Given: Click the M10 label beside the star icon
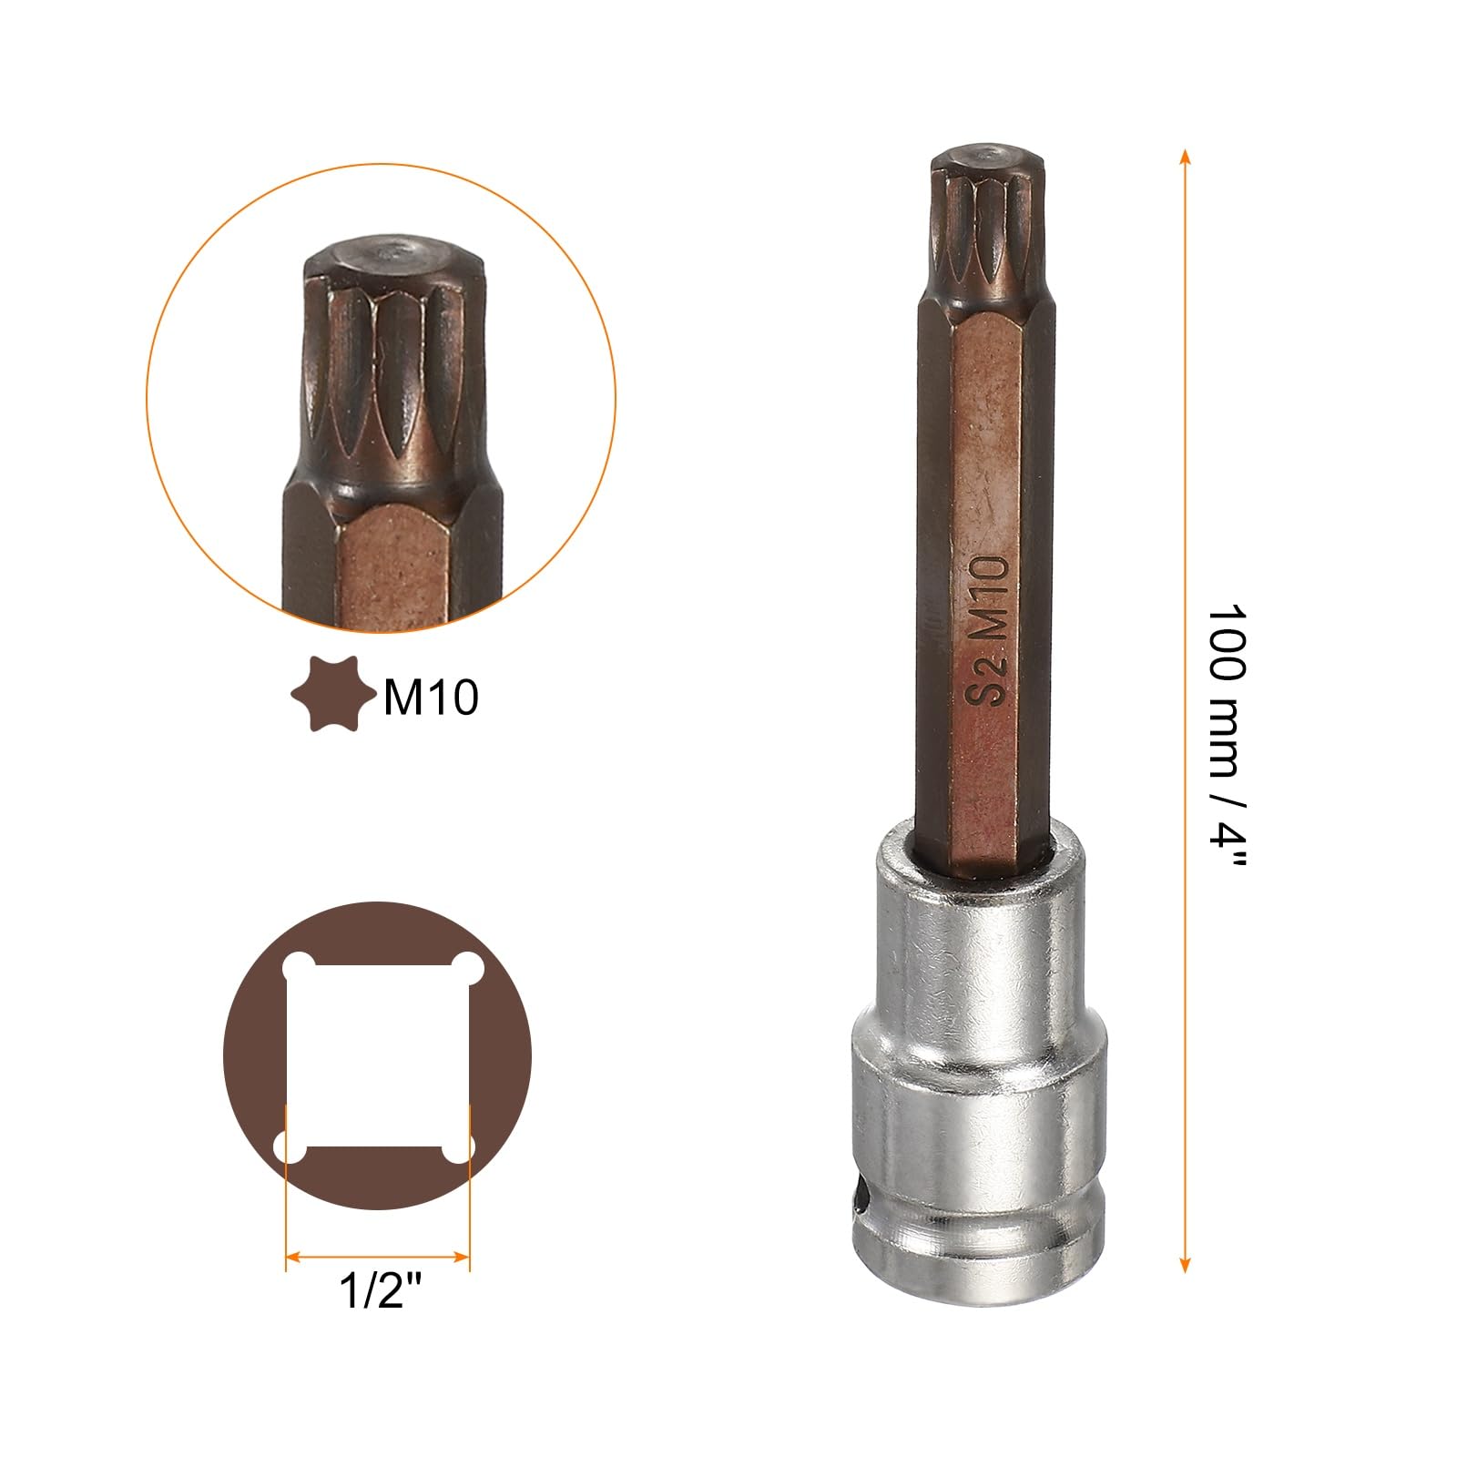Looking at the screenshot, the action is [x=431, y=698].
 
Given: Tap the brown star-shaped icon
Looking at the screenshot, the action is [x=332, y=695].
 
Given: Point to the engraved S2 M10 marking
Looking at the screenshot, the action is [x=988, y=630].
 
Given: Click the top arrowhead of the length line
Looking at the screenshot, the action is [x=1184, y=157].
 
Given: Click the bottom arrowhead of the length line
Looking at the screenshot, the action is [x=1184, y=1264].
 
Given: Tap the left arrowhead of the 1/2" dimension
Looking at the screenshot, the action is [x=293, y=1259].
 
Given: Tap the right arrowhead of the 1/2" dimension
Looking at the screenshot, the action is [x=462, y=1259].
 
